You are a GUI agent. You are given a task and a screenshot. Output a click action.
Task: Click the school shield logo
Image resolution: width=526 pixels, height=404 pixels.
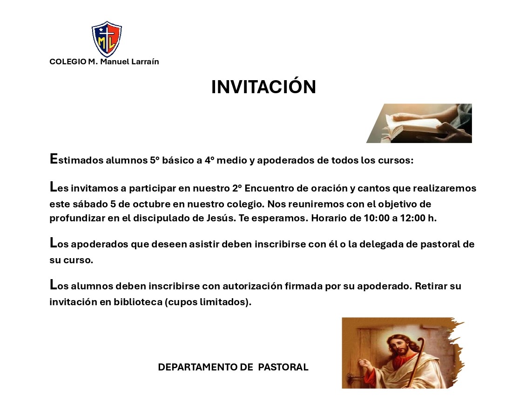tap(107, 39)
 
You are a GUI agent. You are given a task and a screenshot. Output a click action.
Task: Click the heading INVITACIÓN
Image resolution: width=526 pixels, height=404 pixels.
tap(263, 87)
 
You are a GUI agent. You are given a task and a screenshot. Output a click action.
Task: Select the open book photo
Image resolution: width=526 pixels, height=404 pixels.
tap(419, 123)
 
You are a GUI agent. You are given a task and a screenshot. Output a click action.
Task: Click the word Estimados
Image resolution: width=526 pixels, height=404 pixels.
tap(76, 159)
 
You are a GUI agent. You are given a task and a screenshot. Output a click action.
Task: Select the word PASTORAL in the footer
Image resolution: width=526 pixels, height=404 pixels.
tap(283, 367)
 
